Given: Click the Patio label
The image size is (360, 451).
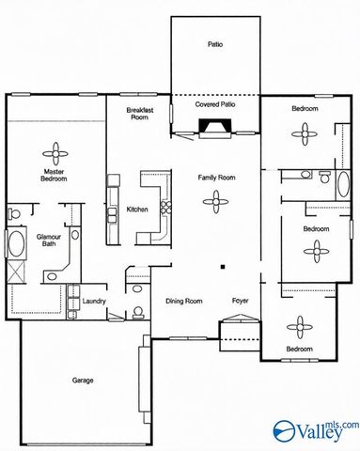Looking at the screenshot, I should click(214, 44).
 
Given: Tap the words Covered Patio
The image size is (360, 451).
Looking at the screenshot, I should click(214, 106).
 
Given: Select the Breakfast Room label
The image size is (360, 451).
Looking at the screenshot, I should click(140, 113).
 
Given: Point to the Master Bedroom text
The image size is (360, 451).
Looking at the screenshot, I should click(58, 175).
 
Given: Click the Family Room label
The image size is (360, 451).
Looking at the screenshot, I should click(215, 177).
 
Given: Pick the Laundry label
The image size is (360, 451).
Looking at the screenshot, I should click(93, 302).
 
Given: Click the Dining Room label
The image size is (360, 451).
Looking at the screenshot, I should click(183, 301).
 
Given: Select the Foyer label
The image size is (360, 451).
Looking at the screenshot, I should click(240, 301).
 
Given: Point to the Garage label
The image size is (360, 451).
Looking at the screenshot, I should click(83, 381).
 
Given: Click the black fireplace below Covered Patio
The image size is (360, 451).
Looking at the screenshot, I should click(214, 129).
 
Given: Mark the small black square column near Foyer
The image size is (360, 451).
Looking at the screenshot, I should click(220, 266).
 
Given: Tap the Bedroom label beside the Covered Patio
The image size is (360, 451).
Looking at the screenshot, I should click(304, 110).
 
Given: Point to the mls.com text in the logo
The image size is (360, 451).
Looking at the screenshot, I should click(342, 425).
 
